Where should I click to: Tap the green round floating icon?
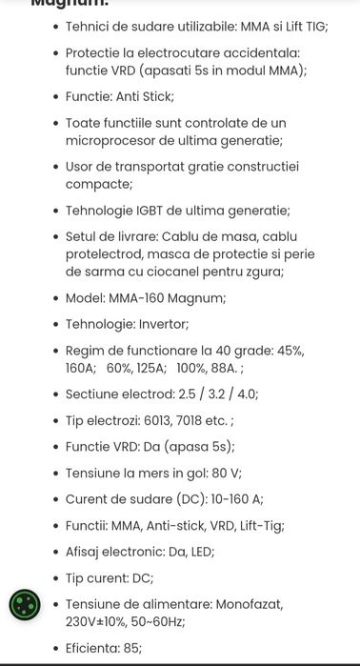click(x=25, y=605)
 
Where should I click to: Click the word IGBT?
click(x=156, y=211)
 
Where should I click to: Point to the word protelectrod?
click(x=109, y=254)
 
